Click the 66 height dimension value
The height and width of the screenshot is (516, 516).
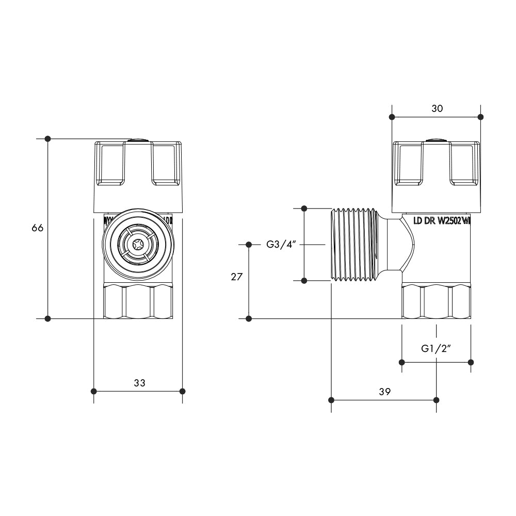pyautogui.click(x=37, y=228)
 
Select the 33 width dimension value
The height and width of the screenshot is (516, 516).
pyautogui.click(x=139, y=383)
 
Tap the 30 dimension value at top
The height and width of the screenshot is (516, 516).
pyautogui.click(x=437, y=108)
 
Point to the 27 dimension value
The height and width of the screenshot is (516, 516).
pyautogui.click(x=236, y=277)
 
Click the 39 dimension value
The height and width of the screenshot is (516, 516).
pyautogui.click(x=384, y=392)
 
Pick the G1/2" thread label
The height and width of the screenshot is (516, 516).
pyautogui.click(x=436, y=348)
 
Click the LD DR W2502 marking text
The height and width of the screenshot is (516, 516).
pyautogui.click(x=442, y=221)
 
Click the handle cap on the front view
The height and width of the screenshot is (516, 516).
pyautogui.click(x=138, y=175)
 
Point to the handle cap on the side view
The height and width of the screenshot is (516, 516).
pyautogui.click(x=436, y=175)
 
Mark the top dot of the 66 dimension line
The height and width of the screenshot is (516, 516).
pyautogui.click(x=48, y=138)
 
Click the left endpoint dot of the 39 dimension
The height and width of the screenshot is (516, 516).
pyautogui.click(x=331, y=400)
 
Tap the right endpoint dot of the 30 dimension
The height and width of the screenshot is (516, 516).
pyautogui.click(x=480, y=117)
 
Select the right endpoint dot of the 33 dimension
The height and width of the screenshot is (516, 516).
pyautogui.click(x=182, y=391)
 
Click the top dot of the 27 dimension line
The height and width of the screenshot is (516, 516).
pyautogui.click(x=249, y=244)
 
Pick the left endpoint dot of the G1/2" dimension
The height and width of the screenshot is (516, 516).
pyautogui.click(x=402, y=362)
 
